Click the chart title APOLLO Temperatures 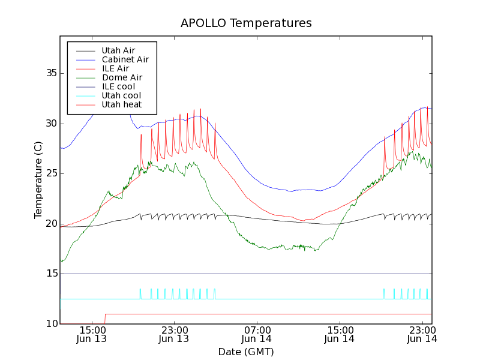coord(246,23)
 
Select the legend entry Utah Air coord(118,50)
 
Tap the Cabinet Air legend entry coord(125,59)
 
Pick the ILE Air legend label coord(115,68)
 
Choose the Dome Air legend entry coord(122,77)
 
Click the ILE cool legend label coord(118,86)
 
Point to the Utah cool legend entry coord(121,95)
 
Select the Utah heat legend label coord(121,104)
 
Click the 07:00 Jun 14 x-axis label coord(257,334)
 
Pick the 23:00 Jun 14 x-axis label coord(422,334)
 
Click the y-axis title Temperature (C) coord(38,180)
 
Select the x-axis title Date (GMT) coord(246,352)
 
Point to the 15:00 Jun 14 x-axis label coord(340,334)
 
